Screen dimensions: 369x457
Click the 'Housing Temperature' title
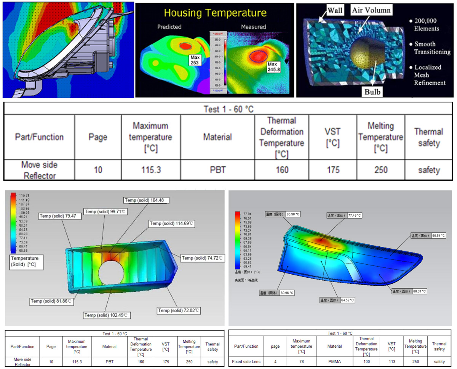coord(215,13)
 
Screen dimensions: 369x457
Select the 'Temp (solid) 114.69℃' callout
coord(172,224)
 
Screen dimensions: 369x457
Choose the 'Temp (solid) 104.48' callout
coord(146,200)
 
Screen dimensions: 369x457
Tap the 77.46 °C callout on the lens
coord(344,216)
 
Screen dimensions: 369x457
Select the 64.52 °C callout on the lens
coord(337,300)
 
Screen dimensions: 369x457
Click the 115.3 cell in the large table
coord(150,170)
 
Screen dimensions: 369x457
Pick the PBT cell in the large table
coord(217,170)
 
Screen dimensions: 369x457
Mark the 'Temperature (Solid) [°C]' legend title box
coord(24,261)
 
